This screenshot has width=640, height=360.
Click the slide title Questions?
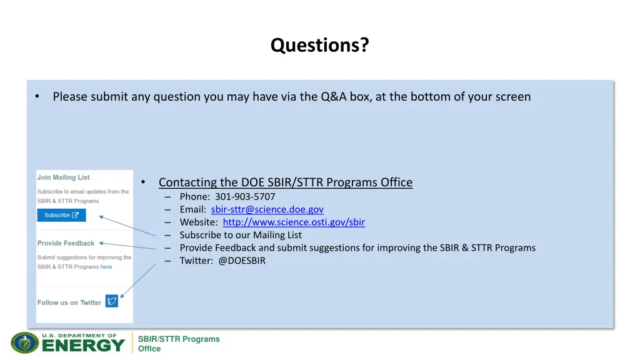(319, 46)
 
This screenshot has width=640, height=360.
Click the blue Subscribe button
(61, 215)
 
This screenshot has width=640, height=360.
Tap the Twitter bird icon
(112, 301)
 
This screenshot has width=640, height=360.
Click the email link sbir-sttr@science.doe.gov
(267, 209)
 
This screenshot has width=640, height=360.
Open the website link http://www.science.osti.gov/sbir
(294, 222)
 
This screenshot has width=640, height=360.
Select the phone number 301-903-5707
(245, 196)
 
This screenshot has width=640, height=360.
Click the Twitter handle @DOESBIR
(242, 261)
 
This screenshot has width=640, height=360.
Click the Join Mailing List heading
(63, 177)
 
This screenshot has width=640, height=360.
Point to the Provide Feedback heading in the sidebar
(66, 243)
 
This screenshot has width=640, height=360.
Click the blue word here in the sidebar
(106, 267)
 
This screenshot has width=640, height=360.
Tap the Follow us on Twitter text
(69, 302)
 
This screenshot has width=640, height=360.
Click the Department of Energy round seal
(24, 342)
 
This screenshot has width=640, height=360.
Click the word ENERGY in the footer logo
(84, 345)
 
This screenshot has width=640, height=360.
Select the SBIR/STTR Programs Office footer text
(178, 344)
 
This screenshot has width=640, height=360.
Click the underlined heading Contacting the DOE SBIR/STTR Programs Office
(286, 182)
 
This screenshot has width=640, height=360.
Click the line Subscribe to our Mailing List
(241, 235)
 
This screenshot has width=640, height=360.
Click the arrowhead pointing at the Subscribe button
(102, 218)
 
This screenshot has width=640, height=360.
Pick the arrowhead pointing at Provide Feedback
(102, 244)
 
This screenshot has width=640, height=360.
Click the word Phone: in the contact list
(195, 196)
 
